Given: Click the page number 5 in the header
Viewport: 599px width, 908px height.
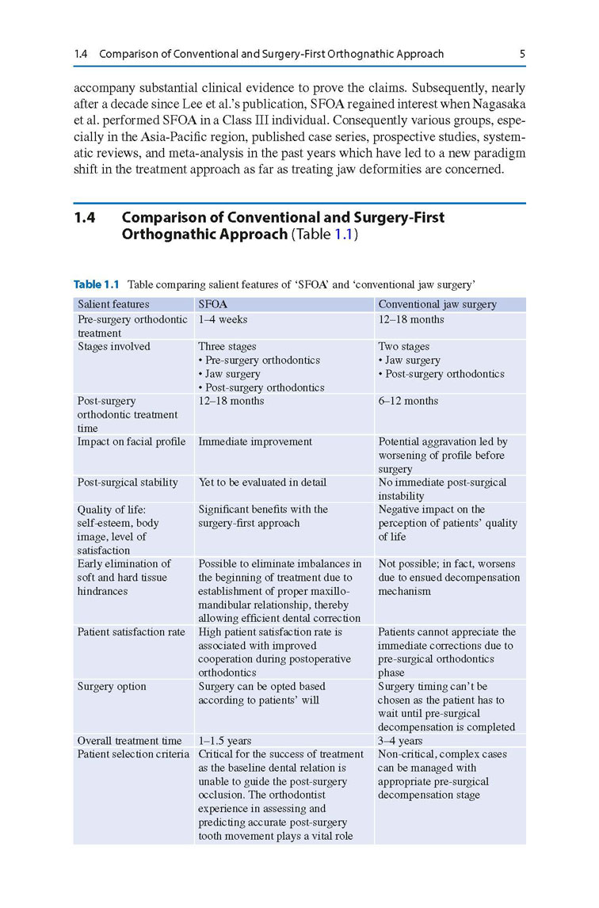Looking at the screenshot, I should coord(522,54).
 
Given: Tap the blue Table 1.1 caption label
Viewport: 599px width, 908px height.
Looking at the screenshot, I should coord(97,284).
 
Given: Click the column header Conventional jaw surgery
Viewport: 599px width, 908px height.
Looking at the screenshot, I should coord(437,304).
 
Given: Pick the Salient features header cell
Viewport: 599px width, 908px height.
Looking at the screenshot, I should coord(113,304).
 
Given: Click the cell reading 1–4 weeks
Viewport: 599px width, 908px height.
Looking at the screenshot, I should coord(223,319).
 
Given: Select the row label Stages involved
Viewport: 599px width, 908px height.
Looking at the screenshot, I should coord(113,346).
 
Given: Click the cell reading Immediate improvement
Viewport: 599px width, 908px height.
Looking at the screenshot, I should coord(255,441).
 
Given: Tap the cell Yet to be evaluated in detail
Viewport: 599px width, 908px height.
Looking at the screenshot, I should coord(261,482).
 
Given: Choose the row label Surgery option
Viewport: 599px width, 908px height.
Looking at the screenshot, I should coord(112,686).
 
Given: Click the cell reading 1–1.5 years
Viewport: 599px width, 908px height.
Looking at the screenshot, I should coord(224,741).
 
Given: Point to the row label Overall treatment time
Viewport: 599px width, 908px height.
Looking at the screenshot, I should coord(129,741).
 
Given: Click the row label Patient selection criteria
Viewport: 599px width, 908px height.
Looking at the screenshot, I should coord(133,754).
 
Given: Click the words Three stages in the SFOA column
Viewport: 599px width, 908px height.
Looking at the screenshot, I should coord(227,346).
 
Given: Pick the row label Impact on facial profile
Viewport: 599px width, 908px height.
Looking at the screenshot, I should coord(132,441).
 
